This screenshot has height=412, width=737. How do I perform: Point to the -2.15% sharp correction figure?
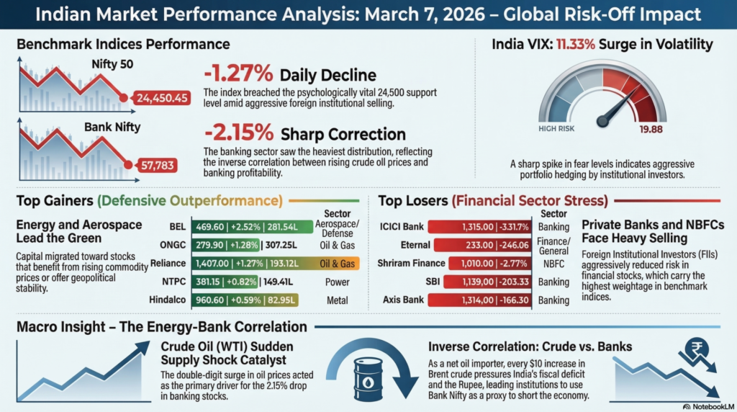pos(238,134)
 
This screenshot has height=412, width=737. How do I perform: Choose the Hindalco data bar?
pos(244,300)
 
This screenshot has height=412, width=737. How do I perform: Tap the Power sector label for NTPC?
pos(337,282)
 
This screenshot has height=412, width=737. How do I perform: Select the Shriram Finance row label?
pos(408,264)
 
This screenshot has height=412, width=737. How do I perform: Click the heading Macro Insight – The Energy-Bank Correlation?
pos(162,327)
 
